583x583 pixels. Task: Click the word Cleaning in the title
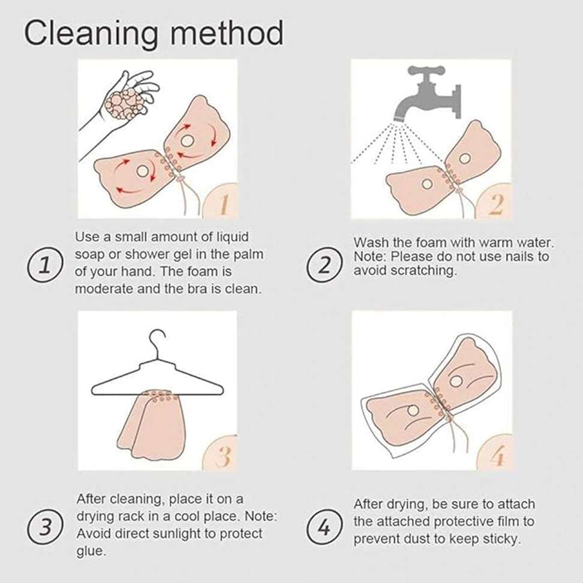tap(91, 34)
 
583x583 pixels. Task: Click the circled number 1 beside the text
tap(45, 265)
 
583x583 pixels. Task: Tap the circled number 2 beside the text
tap(324, 265)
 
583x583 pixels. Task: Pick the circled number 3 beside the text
tap(45, 527)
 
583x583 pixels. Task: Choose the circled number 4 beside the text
tap(324, 527)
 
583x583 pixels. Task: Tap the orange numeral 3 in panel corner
tap(223, 456)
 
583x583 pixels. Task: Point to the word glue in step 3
tap(91, 551)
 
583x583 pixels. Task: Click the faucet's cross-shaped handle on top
tap(426, 70)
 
